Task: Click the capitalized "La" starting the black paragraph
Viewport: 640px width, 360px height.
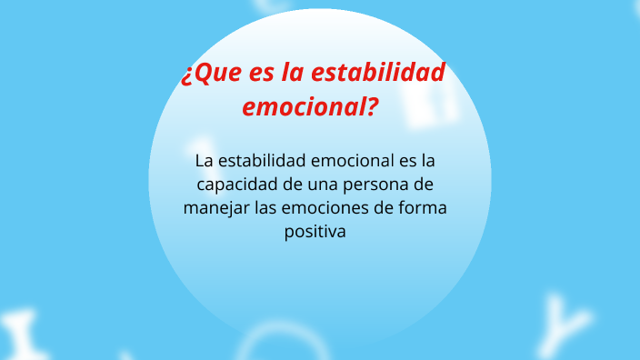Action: pyautogui.click(x=205, y=161)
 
